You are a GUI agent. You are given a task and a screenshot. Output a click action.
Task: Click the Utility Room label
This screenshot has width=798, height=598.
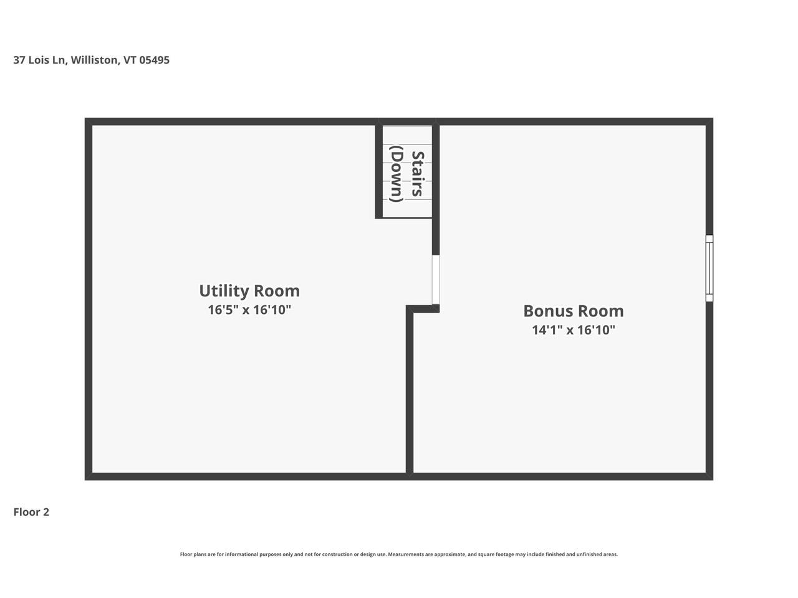tap(249, 291)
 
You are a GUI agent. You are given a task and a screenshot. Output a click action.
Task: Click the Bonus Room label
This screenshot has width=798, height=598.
tap(573, 311)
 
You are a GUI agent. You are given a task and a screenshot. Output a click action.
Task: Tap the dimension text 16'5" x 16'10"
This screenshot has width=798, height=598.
tap(249, 310)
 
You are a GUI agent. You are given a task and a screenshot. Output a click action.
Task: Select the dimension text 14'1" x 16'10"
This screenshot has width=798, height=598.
tap(573, 330)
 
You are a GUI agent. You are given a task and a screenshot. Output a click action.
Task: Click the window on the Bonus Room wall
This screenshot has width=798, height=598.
tap(709, 268)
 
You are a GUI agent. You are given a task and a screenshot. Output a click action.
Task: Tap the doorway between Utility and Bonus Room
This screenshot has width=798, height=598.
tap(436, 280)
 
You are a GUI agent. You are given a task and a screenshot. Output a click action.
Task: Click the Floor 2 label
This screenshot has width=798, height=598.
tap(31, 512)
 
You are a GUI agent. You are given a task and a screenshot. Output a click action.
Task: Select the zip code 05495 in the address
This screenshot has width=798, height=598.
tap(154, 60)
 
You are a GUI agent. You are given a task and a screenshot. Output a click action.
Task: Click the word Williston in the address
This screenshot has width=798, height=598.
tap(94, 60)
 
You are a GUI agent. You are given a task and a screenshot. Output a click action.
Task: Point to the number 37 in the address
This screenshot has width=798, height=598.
tap(19, 60)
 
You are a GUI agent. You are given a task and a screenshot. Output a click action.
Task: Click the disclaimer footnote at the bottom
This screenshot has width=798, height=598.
tap(399, 554)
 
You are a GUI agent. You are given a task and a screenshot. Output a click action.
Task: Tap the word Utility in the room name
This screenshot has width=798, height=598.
tap(221, 291)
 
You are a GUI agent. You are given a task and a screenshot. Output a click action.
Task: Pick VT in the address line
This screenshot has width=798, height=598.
tap(130, 60)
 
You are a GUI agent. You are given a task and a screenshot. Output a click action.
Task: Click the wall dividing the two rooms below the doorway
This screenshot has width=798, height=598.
tap(410, 399)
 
